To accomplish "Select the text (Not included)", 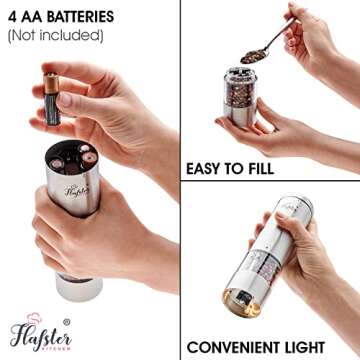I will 55,36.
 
